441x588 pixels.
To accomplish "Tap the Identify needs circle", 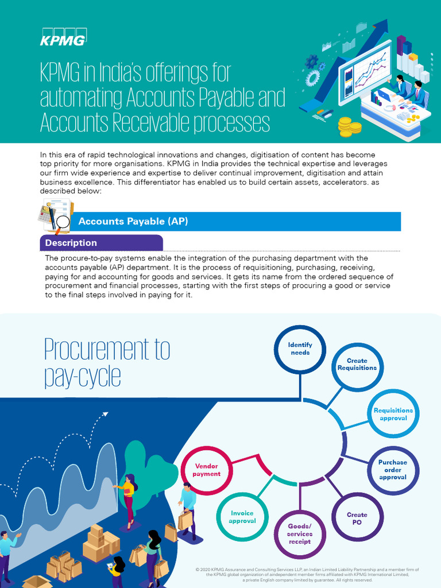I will [300, 349].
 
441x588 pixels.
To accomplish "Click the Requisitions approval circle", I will [393, 414].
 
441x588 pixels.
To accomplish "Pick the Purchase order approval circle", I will [393, 470].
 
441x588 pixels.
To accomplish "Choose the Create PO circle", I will [357, 518].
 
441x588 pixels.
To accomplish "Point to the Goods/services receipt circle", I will [299, 533].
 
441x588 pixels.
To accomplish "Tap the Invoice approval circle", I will [242, 517].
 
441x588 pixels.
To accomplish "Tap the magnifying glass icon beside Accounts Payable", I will [62, 222].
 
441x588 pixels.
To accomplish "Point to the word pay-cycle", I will [82, 376].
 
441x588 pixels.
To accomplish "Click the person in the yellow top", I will [128, 497].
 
